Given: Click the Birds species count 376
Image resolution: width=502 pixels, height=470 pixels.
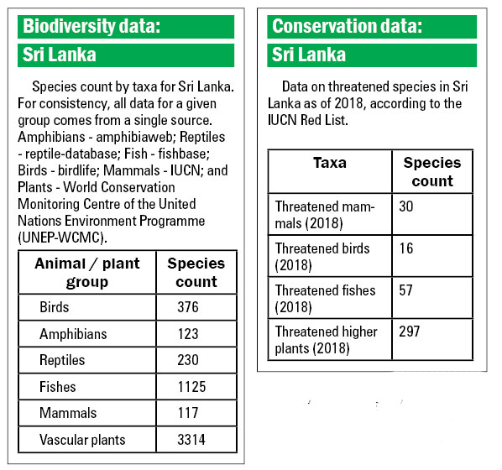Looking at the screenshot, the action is (x=188, y=307).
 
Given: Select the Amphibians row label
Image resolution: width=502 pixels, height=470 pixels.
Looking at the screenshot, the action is (x=73, y=334).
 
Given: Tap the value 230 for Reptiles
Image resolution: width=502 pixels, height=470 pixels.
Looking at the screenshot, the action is (x=188, y=360).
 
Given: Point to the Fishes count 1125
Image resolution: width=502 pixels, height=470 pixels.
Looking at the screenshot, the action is (x=191, y=387).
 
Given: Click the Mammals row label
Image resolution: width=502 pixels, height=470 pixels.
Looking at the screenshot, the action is (x=68, y=413).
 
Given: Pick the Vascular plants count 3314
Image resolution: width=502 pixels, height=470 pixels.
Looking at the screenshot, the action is (x=191, y=440).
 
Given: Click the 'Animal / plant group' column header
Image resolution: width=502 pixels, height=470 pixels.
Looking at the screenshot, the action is (x=87, y=273).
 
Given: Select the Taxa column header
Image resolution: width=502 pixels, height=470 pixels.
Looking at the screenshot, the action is (x=330, y=163).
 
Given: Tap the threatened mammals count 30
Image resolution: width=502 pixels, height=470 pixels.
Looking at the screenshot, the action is (x=406, y=206).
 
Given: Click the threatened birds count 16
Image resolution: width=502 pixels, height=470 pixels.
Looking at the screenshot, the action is (x=406, y=248).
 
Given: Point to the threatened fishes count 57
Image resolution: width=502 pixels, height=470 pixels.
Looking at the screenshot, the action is (x=405, y=290).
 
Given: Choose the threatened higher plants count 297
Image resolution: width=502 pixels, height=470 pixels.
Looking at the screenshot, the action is (x=409, y=332).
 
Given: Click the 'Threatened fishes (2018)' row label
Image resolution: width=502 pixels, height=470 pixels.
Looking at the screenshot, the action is (x=325, y=299).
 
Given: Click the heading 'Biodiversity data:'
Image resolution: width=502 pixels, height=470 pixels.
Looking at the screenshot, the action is (x=92, y=26).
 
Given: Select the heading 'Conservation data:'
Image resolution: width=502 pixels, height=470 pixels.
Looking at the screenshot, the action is (x=347, y=26).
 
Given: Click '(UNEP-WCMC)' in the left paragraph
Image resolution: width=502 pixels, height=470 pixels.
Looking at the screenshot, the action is (x=62, y=238).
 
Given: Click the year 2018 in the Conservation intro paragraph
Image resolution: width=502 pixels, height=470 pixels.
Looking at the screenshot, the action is (x=348, y=103).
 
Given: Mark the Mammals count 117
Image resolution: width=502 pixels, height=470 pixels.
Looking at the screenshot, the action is (x=188, y=413).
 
